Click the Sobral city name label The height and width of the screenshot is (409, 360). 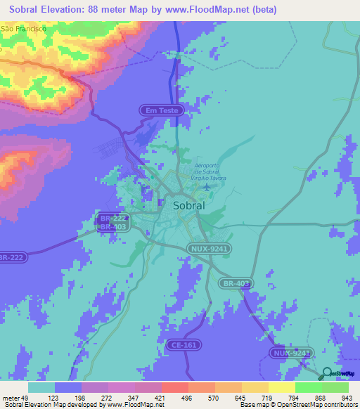tap(188, 206)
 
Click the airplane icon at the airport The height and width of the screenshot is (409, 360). tap(206, 188)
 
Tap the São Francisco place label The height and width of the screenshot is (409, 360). tap(23, 29)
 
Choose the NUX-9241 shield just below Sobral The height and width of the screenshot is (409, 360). tap(210, 248)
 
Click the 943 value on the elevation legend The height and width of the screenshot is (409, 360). tap(347, 397)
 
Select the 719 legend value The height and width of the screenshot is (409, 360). tap(267, 397)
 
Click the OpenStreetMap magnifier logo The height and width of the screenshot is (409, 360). tap(327, 375)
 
